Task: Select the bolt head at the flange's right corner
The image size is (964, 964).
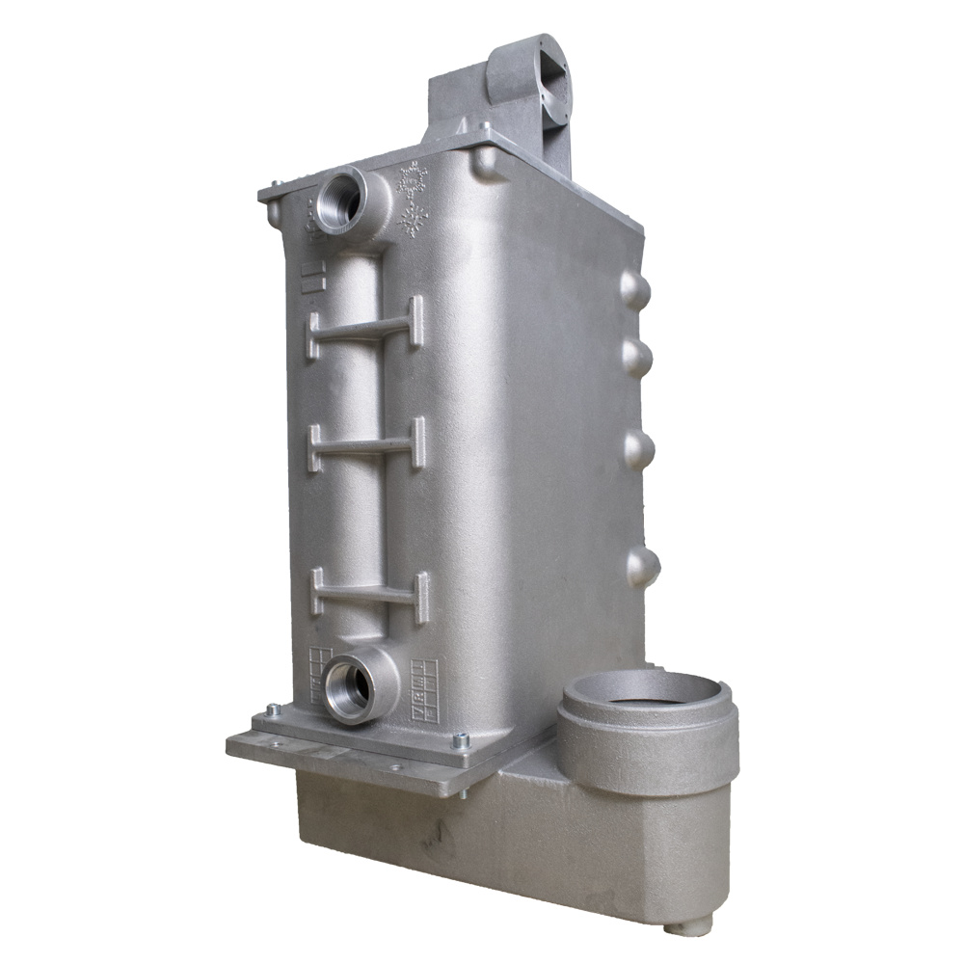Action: pos(460,740)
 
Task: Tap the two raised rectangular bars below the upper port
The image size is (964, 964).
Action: pos(309,277)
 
